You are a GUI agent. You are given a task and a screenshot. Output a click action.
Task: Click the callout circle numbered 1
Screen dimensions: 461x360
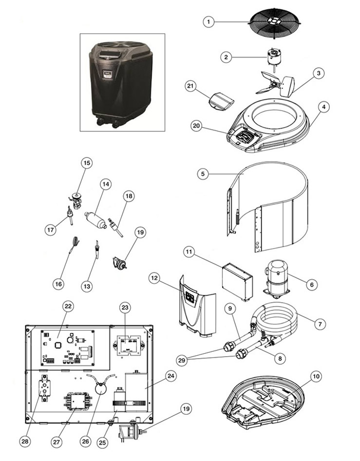coord(208,21)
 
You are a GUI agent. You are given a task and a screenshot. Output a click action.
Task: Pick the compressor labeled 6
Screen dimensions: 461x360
coord(276,277)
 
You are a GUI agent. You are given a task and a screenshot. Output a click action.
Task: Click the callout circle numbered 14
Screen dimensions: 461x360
coord(105,184)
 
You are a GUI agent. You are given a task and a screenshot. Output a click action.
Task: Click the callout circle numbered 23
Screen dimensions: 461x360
coord(125,308)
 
